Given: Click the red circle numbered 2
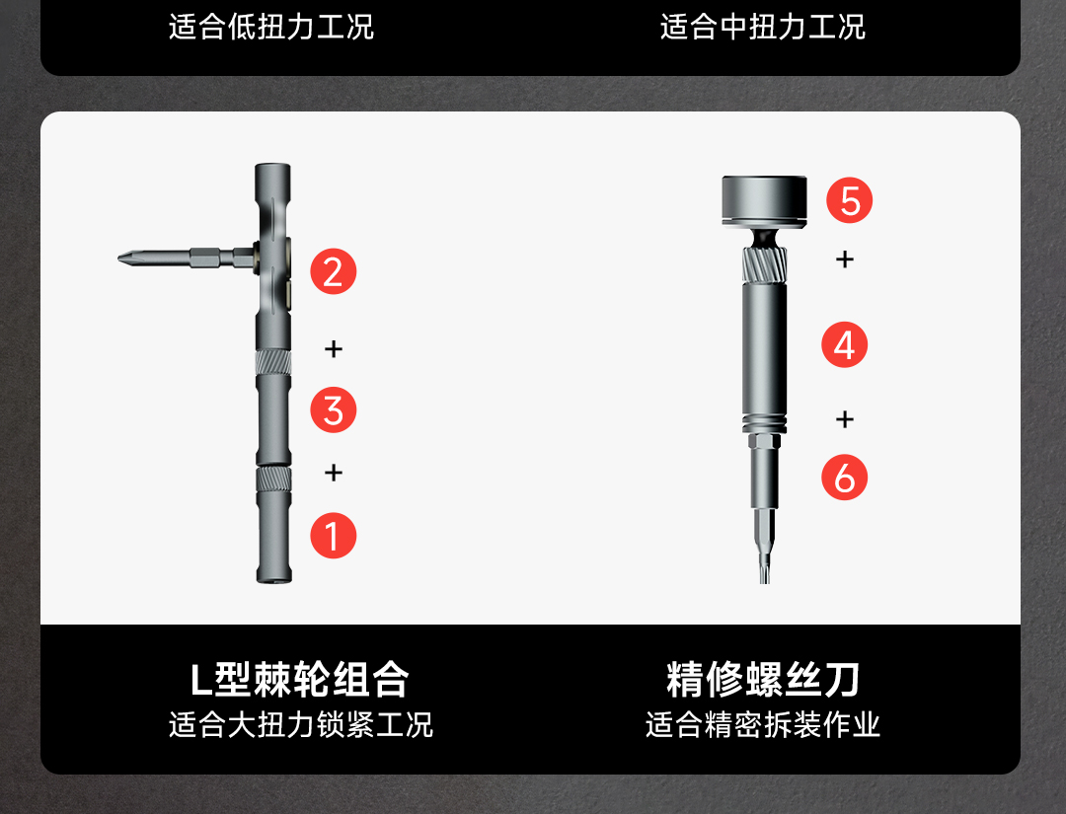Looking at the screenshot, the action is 334,271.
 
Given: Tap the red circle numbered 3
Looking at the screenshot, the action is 334,410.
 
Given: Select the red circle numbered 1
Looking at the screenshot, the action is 334,536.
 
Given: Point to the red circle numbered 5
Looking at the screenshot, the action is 849,200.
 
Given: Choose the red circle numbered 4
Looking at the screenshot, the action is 844,345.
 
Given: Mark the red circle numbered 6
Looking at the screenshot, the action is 844,477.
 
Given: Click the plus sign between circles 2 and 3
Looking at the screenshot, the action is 334,348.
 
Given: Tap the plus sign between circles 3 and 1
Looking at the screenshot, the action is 334,473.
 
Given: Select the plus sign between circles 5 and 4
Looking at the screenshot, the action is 844,259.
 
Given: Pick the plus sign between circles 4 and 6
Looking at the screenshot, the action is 844,418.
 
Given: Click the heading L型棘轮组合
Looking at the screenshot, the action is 299,679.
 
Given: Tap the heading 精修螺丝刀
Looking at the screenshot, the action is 763,679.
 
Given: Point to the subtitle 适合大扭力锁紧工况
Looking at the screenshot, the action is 300,725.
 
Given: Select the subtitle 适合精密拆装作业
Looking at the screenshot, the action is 763,725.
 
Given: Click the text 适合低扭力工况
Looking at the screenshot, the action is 271,28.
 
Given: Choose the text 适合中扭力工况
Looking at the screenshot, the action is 763,28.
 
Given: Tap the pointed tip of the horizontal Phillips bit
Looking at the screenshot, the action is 119,259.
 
